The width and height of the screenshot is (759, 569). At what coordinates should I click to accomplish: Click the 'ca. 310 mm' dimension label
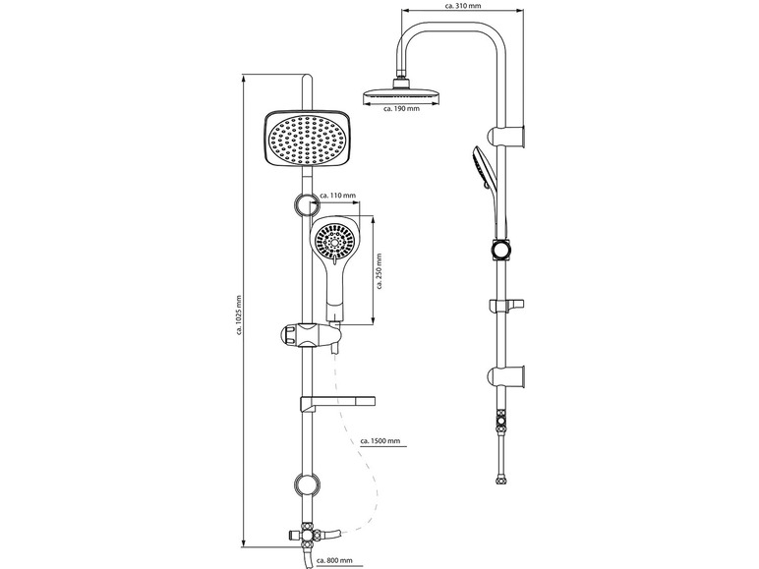coord(463,7)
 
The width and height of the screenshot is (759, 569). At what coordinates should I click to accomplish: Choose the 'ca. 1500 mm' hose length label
coord(381,441)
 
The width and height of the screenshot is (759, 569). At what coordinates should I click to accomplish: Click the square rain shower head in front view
coord(307,142)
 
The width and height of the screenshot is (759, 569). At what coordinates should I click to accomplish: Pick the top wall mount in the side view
coord(515,135)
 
